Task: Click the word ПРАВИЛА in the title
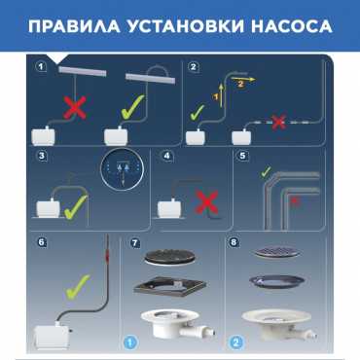pyautogui.click(x=74, y=26)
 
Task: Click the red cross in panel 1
pyautogui.click(x=75, y=107)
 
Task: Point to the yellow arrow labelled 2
pyautogui.click(x=243, y=79)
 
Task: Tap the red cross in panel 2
pyautogui.click(x=278, y=123)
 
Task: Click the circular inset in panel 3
pyautogui.click(x=122, y=170)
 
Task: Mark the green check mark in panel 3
pyautogui.click(x=76, y=207)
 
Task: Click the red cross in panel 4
pyautogui.click(x=207, y=202)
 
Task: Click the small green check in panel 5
pyautogui.click(x=266, y=172)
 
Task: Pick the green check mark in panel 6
pyautogui.click(x=78, y=287)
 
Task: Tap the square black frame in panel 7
pyautogui.click(x=170, y=286)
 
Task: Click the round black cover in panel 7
pyautogui.click(x=170, y=257)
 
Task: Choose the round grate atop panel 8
pyautogui.click(x=277, y=252)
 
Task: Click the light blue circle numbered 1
pyautogui.click(x=130, y=342)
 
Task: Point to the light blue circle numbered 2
pyautogui.click(x=235, y=342)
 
